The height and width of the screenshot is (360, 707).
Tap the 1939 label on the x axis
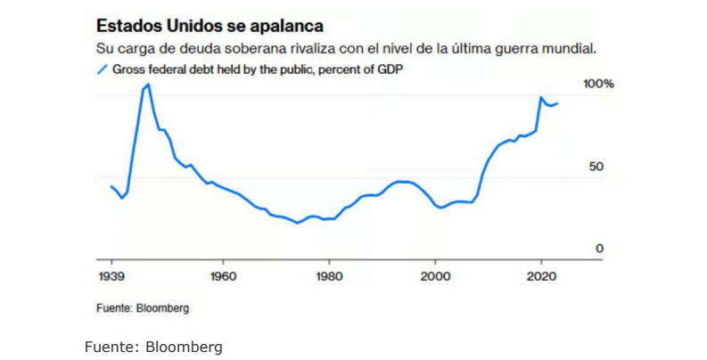click(x=110, y=276)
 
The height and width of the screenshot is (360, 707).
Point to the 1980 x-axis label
click(x=329, y=276)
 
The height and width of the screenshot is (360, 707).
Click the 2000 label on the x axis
click(x=435, y=276)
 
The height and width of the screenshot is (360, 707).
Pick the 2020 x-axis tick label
click(x=541, y=276)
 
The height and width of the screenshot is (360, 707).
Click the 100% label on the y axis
click(x=598, y=84)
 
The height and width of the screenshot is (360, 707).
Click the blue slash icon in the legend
click(x=101, y=68)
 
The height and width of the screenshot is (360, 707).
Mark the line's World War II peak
click(x=148, y=85)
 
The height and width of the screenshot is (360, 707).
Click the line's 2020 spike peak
click(x=540, y=97)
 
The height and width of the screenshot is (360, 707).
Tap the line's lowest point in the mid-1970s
click(x=298, y=223)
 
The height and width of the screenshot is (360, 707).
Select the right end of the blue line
click(x=558, y=103)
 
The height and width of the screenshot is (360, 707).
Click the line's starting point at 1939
click(x=111, y=186)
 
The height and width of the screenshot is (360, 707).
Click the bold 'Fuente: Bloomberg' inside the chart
click(x=143, y=308)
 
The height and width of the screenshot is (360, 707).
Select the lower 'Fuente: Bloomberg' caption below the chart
click(x=152, y=347)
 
